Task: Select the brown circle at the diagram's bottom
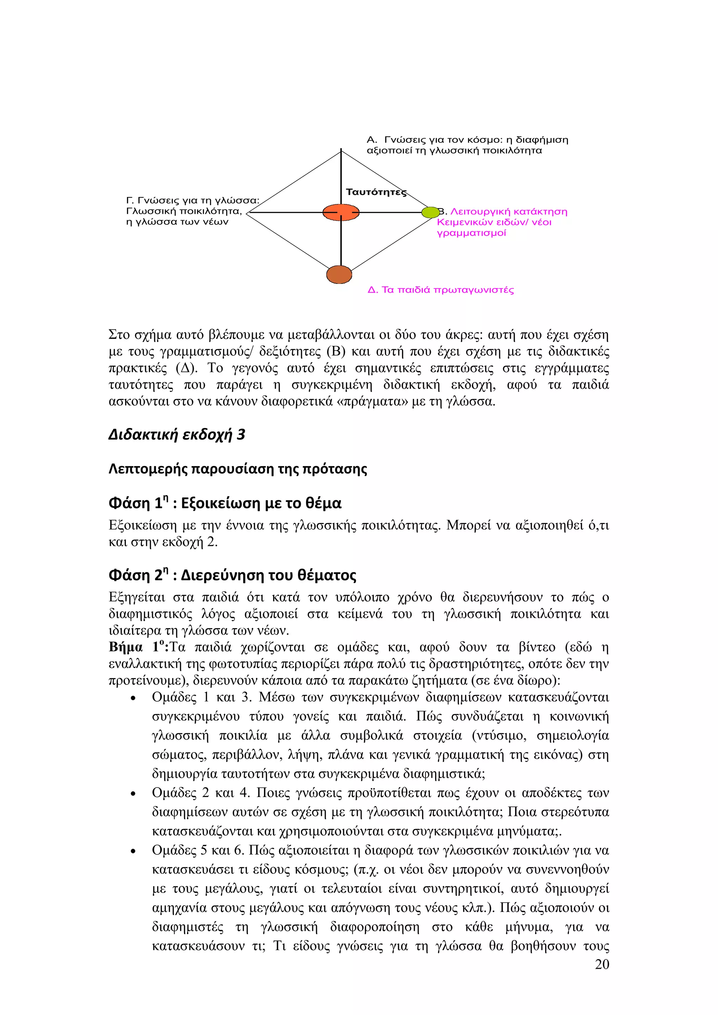point(339,274)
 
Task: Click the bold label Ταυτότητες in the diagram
point(376,192)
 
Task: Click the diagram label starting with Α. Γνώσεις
point(467,140)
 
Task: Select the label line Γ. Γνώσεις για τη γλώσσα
point(192,201)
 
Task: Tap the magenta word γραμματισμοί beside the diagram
point(471,233)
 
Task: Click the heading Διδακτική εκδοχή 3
point(176,435)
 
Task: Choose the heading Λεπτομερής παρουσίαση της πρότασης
point(237,469)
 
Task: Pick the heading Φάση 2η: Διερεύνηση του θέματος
point(232,575)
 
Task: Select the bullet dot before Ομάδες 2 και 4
point(133,794)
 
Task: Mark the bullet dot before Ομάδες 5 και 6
point(133,851)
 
